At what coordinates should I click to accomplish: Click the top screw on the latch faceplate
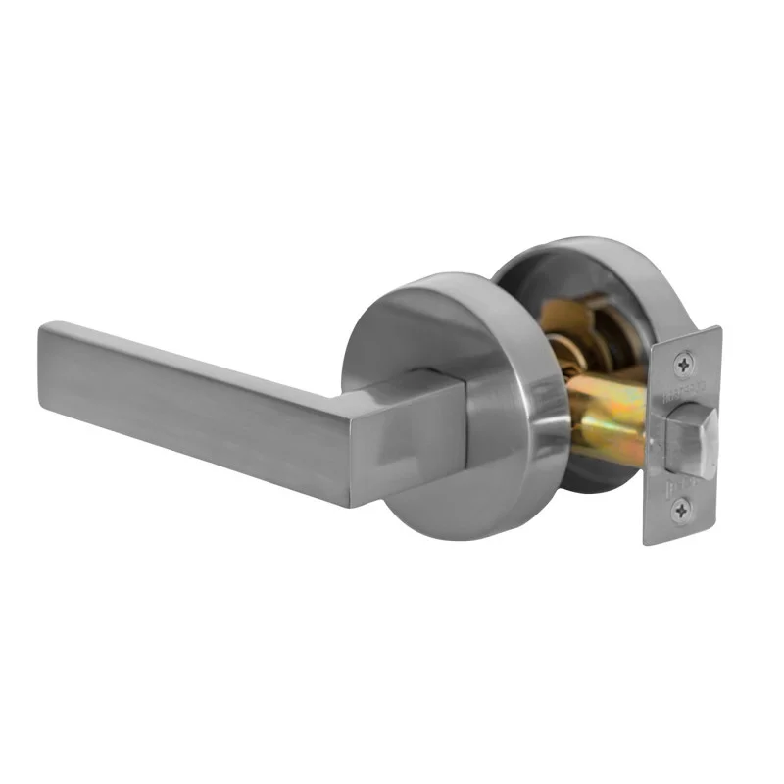[682, 365]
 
